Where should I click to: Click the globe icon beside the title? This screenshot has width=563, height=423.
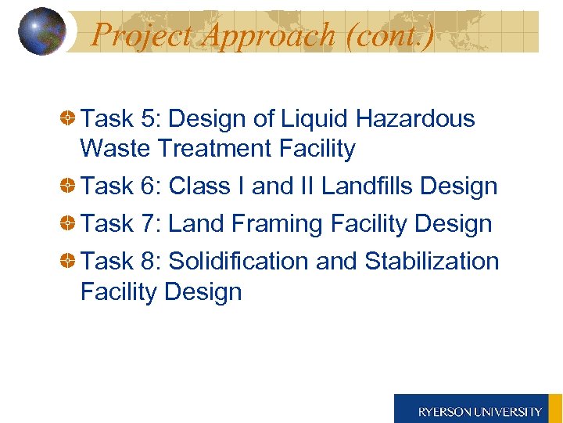point(41,31)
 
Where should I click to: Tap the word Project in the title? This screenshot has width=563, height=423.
point(142,35)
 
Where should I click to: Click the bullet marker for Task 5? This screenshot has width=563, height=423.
point(69,119)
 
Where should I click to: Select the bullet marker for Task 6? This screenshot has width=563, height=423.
point(69,186)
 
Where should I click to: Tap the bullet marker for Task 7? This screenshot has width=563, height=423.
point(69,224)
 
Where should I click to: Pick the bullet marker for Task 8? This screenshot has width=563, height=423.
point(69,261)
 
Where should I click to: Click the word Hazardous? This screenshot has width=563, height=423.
point(414,119)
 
